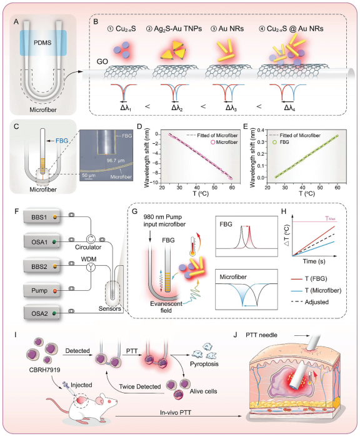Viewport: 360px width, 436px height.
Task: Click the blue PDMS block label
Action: click(x=42, y=43)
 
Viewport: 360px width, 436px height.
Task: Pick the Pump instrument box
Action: click(x=42, y=290)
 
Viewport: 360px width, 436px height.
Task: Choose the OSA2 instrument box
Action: click(x=42, y=313)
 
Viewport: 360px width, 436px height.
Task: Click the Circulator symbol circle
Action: click(x=91, y=239)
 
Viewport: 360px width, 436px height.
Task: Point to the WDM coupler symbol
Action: click(x=91, y=267)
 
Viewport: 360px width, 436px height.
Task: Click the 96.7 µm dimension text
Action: click(x=116, y=160)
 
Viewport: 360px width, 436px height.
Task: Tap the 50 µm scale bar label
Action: click(x=89, y=175)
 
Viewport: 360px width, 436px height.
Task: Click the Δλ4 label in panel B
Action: click(x=289, y=108)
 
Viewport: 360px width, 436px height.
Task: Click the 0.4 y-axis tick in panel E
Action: click(x=260, y=130)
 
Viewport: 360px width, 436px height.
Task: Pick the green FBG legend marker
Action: click(x=275, y=142)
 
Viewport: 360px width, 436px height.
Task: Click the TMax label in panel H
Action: click(x=330, y=218)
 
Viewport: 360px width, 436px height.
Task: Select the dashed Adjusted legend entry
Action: click(x=310, y=302)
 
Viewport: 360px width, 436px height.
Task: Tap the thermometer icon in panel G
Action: click(x=192, y=246)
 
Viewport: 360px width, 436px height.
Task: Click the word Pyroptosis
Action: click(x=204, y=363)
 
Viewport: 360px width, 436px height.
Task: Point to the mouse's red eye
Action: click(x=109, y=401)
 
